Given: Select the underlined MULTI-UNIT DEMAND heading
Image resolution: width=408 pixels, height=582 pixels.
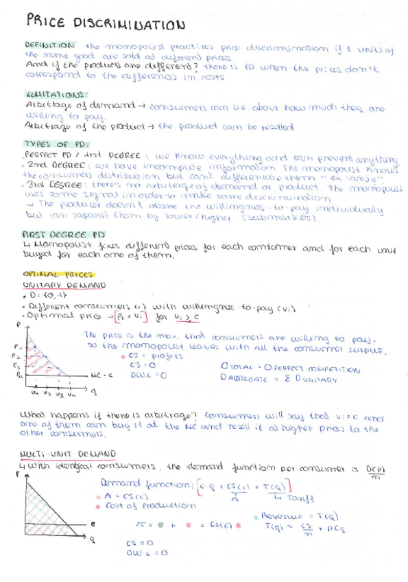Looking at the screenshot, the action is tap(69, 454).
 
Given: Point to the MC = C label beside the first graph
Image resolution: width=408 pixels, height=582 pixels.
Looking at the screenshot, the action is tap(100, 375).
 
